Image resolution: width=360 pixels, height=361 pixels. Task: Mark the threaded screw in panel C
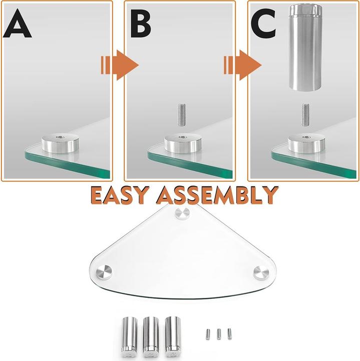305,114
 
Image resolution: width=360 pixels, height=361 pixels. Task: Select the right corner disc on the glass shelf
261,273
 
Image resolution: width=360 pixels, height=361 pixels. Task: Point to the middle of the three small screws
219,332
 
